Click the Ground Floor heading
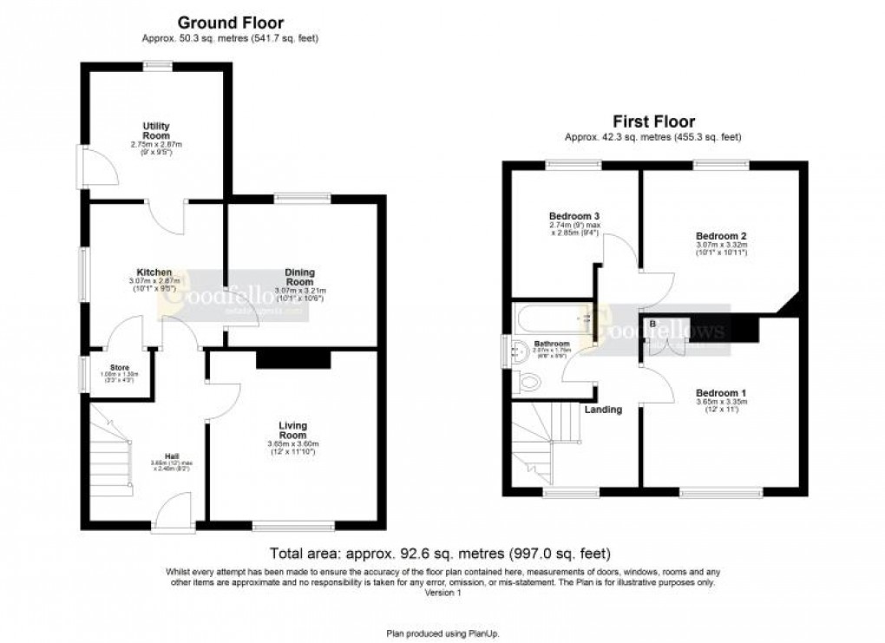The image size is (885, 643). click(x=231, y=23)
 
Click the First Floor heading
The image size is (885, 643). click(x=653, y=121)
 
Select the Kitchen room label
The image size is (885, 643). click(x=154, y=272)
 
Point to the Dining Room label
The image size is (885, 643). click(x=299, y=277)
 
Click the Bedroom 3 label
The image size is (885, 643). click(x=574, y=216)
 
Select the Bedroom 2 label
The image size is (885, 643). click(x=721, y=235)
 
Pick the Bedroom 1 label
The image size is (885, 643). click(x=721, y=392)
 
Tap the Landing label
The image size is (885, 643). click(x=603, y=409)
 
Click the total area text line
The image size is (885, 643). click(x=442, y=553)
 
